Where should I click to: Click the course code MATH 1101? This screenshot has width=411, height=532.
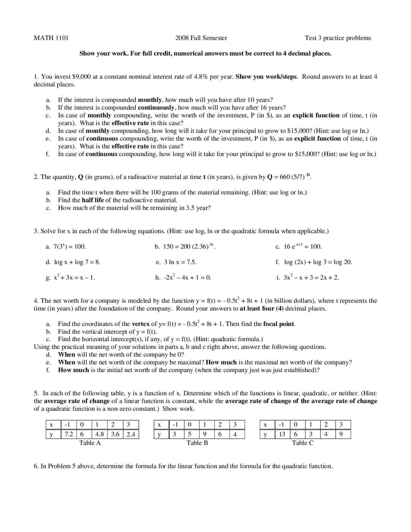tap(51, 38)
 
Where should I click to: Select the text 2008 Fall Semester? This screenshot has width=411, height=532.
tap(201, 38)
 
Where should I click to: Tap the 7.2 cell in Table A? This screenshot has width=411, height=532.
tap(69, 434)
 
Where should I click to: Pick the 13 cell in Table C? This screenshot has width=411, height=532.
tap(282, 434)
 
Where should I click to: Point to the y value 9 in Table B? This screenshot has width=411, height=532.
tap(204, 434)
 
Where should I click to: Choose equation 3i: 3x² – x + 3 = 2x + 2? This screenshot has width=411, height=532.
tap(311, 277)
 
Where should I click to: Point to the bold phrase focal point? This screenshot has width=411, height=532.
tap(279, 324)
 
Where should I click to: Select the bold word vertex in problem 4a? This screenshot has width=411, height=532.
tap(141, 324)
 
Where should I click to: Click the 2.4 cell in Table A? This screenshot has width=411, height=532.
tap(131, 434)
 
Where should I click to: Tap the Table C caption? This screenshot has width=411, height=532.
tap(302, 443)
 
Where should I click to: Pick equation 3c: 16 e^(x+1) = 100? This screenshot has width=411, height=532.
tap(302, 246)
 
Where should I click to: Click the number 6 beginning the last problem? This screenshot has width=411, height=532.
tap(36, 466)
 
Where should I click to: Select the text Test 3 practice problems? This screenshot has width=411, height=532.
tap(337, 38)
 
